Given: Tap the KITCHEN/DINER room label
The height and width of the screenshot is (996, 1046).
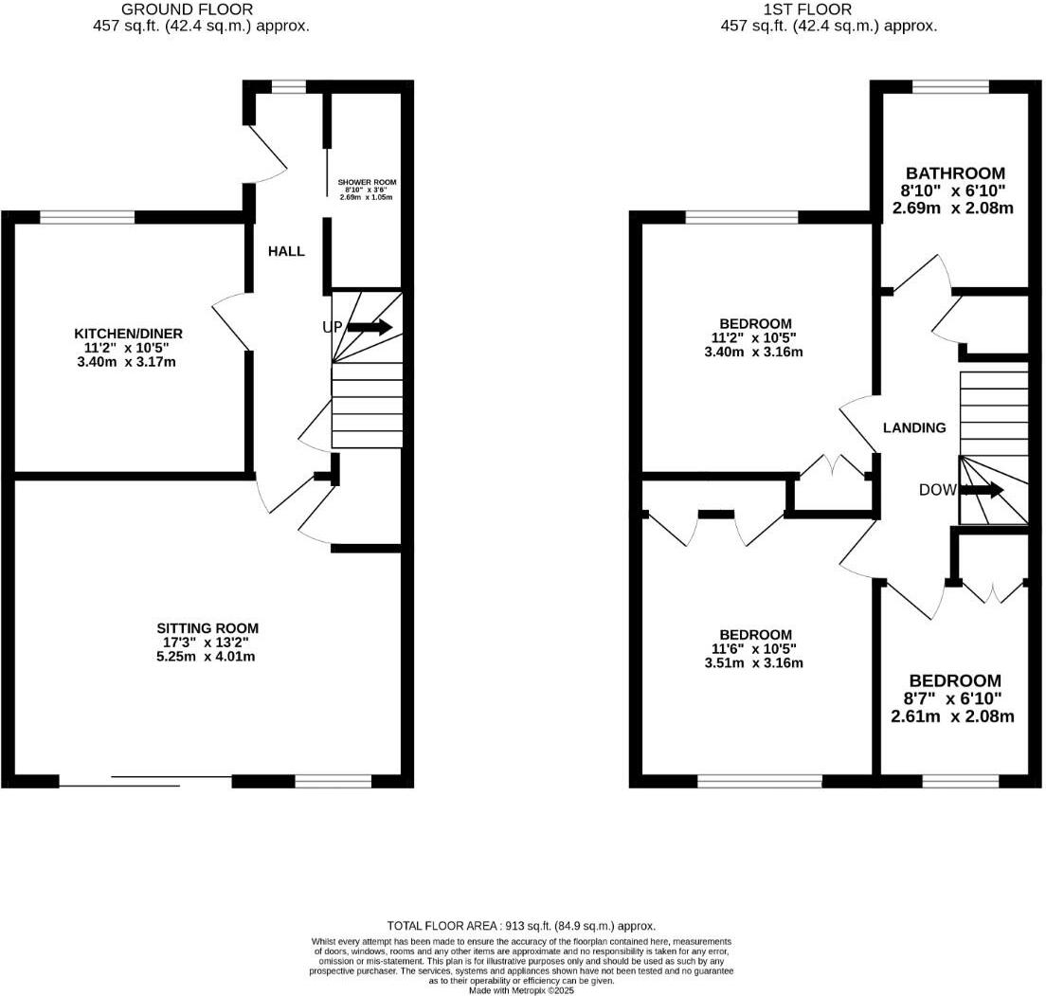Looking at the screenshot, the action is click(128, 334).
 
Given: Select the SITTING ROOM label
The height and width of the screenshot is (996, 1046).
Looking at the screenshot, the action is click(207, 628).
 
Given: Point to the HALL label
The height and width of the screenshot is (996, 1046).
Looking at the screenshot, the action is click(286, 251).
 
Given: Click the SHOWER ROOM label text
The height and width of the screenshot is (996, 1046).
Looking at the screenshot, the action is click(367, 182).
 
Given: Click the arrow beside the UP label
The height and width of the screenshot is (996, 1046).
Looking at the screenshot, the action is click(370, 327).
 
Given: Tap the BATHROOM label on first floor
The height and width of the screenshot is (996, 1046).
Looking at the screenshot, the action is click(954, 173).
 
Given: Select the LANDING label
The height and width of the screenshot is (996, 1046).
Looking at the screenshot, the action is click(914, 427).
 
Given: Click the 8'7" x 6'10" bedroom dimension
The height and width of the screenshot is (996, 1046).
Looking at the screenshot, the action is click(954, 698).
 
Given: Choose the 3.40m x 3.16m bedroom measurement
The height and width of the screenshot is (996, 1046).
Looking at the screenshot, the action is click(755, 352).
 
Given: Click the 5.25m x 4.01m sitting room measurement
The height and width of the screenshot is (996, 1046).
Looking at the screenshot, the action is click(207, 656).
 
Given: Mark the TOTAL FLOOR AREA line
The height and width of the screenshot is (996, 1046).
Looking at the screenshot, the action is click(521, 926).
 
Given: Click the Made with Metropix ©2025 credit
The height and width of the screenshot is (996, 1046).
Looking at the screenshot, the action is click(521, 991).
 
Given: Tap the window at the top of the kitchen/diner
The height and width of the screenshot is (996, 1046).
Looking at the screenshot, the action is click(86, 217).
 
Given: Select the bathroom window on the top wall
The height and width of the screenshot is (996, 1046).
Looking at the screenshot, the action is click(951, 86).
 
